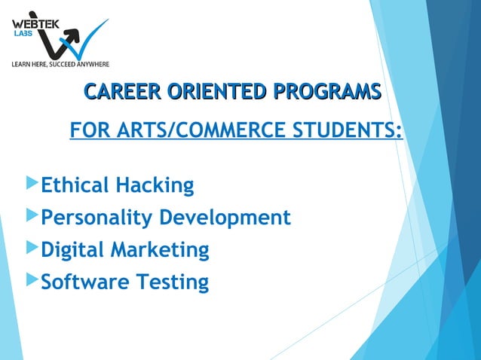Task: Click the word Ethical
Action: click(73, 185)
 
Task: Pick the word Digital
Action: click(72, 250)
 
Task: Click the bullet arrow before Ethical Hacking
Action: click(31, 183)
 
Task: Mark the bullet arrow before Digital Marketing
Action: click(31, 248)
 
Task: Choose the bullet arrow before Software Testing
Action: click(31, 280)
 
